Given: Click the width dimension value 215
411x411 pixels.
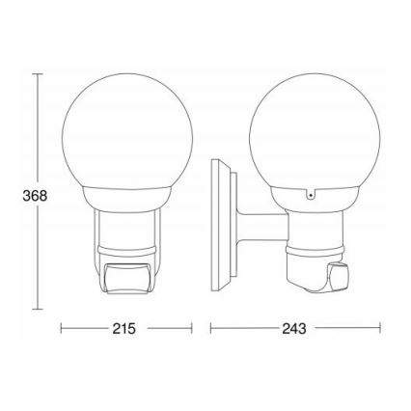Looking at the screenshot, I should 122,328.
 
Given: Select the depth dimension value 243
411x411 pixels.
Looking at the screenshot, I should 294,328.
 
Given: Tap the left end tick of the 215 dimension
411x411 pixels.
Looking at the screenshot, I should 61,328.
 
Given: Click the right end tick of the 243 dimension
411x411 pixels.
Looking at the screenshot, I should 377,328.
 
